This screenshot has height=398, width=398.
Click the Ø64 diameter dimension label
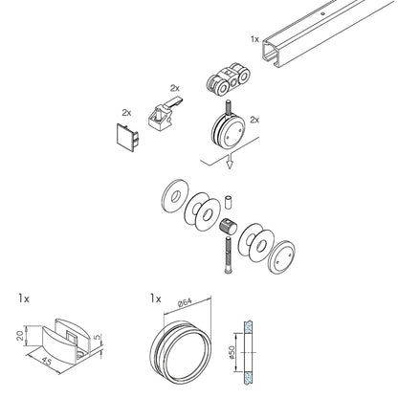pos(185,302)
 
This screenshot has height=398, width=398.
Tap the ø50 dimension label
pos(231,352)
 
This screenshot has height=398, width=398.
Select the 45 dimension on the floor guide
pos(46,362)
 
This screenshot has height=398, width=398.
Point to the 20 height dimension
pos(20,336)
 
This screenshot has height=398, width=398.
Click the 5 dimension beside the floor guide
pos(98,337)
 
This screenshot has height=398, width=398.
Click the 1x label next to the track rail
pos(254,39)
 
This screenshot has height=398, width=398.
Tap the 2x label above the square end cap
pos(126,112)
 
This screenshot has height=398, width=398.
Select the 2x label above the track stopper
pos(175,87)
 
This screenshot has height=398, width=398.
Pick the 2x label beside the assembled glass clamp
pos(254,120)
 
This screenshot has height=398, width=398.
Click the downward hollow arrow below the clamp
pos(229,161)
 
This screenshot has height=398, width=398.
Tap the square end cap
pos(128,137)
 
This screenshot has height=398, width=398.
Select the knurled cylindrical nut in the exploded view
pos(229,227)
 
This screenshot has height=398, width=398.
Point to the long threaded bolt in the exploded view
pos(229,254)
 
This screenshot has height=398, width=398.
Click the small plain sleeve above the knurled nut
pos(228,202)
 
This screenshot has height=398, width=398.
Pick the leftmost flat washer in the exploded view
pos(175,196)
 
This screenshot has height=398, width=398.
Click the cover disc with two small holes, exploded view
pos(282,256)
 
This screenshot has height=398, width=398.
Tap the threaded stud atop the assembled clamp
pos(229,108)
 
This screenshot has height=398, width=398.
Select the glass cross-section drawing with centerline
pos(248,352)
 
